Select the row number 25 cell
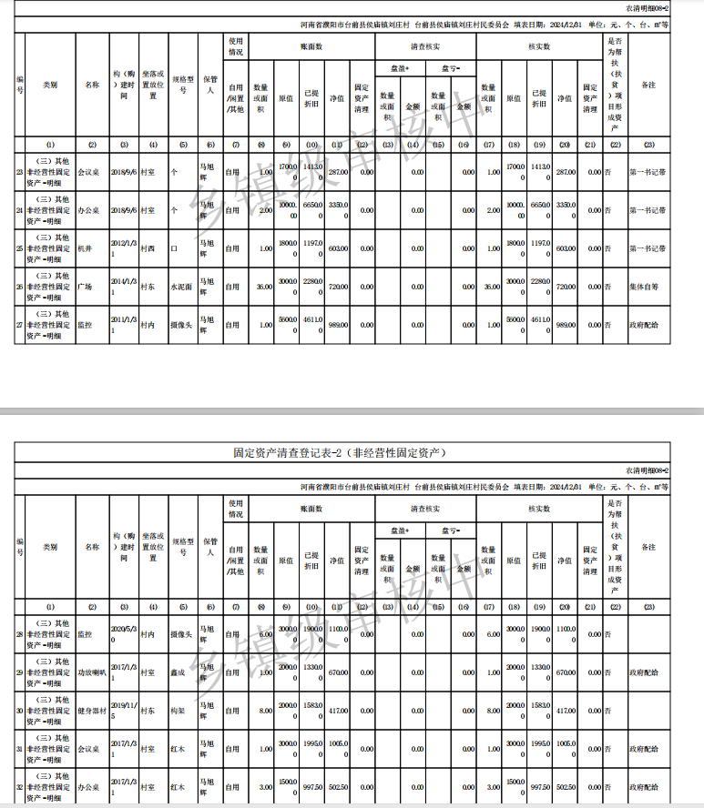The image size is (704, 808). pyautogui.click(x=19, y=248)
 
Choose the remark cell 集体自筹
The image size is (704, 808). pyautogui.click(x=647, y=287)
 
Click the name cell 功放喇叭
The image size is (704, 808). pyautogui.click(x=91, y=672)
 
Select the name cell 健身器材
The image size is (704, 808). pyautogui.click(x=91, y=711)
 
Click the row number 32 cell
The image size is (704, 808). pyautogui.click(x=19, y=787)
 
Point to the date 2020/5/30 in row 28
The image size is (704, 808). pyautogui.click(x=123, y=634)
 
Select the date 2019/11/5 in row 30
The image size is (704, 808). pyautogui.click(x=123, y=711)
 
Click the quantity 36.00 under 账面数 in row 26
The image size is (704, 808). pyautogui.click(x=262, y=287)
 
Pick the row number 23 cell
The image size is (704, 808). pyautogui.click(x=19, y=172)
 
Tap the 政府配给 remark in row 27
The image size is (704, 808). pyautogui.click(x=647, y=325)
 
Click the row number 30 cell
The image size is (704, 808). pyautogui.click(x=19, y=711)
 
